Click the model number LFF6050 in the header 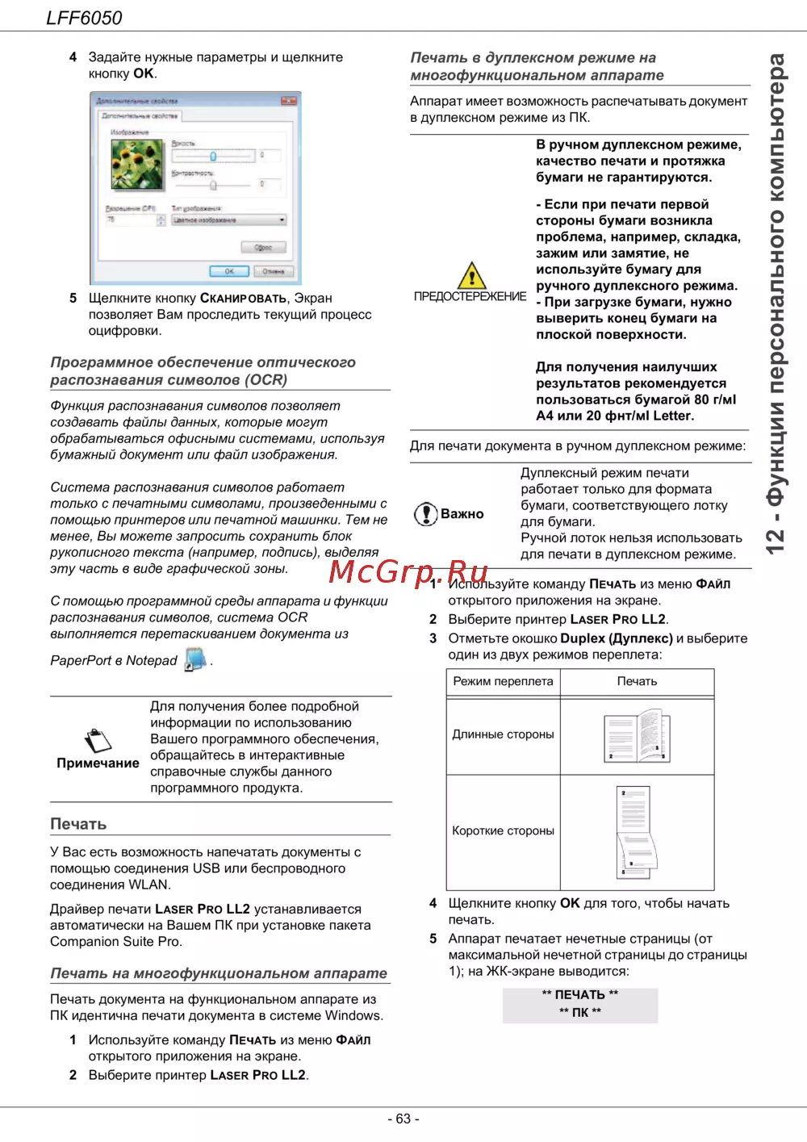[x=84, y=18]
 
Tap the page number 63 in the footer [x=403, y=1119]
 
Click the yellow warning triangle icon [x=471, y=275]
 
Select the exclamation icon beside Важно [x=425, y=514]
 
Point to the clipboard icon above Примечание [x=98, y=740]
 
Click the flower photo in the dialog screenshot [x=137, y=165]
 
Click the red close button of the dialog [x=289, y=101]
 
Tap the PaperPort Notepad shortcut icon [x=194, y=659]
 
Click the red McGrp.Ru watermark [x=408, y=571]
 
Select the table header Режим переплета [x=503, y=681]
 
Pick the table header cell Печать [x=637, y=681]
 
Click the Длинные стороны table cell [x=503, y=734]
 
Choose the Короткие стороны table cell [x=503, y=830]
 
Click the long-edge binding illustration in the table [x=638, y=735]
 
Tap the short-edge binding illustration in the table [x=636, y=832]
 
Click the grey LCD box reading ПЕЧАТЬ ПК [x=580, y=1005]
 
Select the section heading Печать [x=78, y=824]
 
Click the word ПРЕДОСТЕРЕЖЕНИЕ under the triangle [x=470, y=297]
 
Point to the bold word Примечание [x=98, y=763]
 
